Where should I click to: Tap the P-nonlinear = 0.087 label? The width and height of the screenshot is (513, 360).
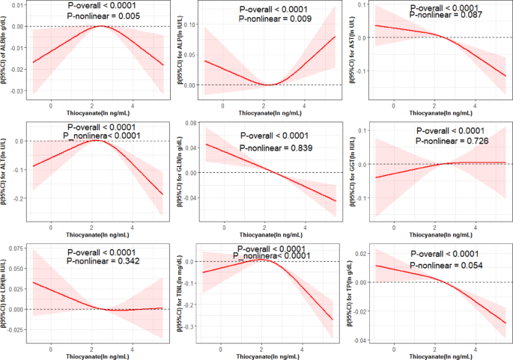(437, 14)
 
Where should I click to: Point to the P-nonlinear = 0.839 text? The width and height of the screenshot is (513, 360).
(276, 148)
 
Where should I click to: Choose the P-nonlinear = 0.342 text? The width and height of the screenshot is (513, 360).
(105, 263)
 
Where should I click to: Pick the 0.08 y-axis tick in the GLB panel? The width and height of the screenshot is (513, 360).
(193, 122)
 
